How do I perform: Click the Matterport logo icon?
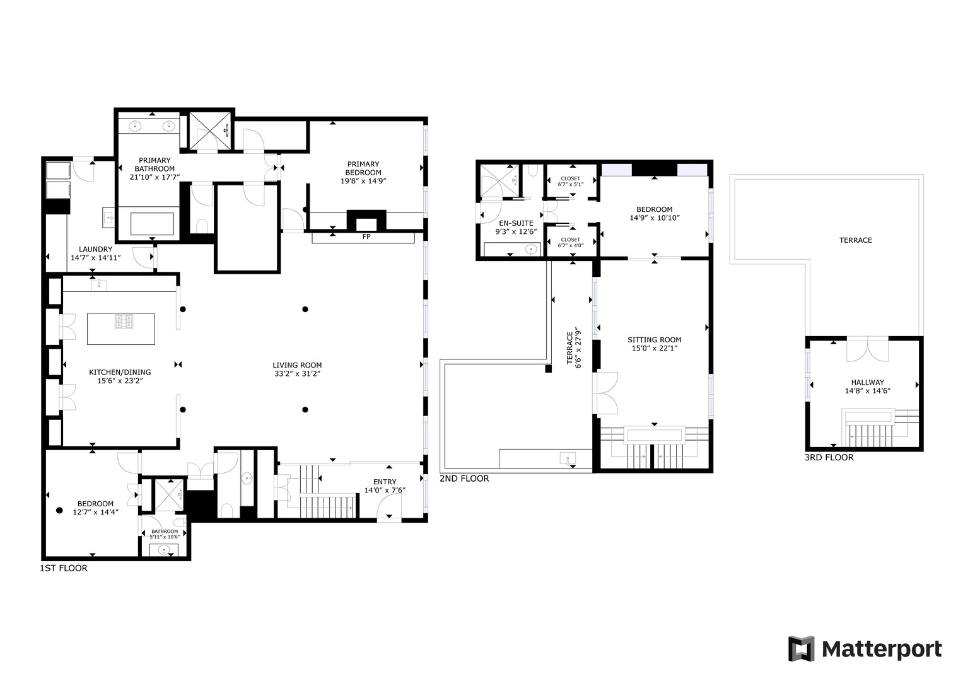pyautogui.click(x=801, y=649)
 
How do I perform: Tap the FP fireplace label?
pyautogui.click(x=366, y=237)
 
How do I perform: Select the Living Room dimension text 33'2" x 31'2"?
pyautogui.click(x=297, y=373)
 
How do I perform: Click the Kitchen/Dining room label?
pyautogui.click(x=120, y=372)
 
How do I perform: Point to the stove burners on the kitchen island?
pyautogui.click(x=125, y=322)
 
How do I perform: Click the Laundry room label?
pyautogui.click(x=96, y=249)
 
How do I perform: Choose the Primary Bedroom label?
pyautogui.click(x=363, y=168)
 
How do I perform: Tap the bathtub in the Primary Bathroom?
pyautogui.click(x=152, y=224)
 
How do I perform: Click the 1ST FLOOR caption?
pyautogui.click(x=64, y=568)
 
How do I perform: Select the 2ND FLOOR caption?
pyautogui.click(x=464, y=479)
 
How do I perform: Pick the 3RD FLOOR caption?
pyautogui.click(x=829, y=457)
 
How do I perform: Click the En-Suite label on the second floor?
pyautogui.click(x=516, y=223)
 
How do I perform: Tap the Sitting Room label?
pyautogui.click(x=654, y=340)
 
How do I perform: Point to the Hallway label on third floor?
pyautogui.click(x=867, y=382)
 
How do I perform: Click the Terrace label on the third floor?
pyautogui.click(x=855, y=240)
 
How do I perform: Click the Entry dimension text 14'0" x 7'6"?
pyautogui.click(x=385, y=490)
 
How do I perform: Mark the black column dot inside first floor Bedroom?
pyautogui.click(x=59, y=509)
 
